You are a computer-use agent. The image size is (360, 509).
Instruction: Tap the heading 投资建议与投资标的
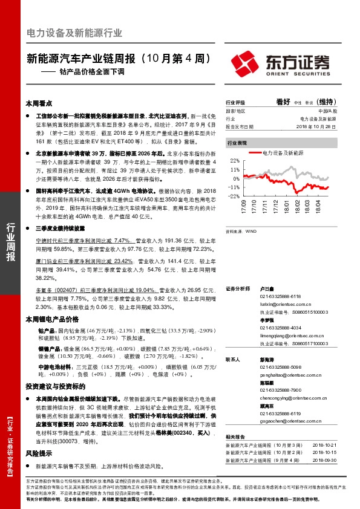[x=53, y=386]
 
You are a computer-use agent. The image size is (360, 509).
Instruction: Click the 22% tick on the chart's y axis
[x=236, y=161]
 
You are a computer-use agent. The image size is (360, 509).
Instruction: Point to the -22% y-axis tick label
[x=235, y=196]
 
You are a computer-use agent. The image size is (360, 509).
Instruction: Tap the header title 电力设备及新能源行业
[x=74, y=33]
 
